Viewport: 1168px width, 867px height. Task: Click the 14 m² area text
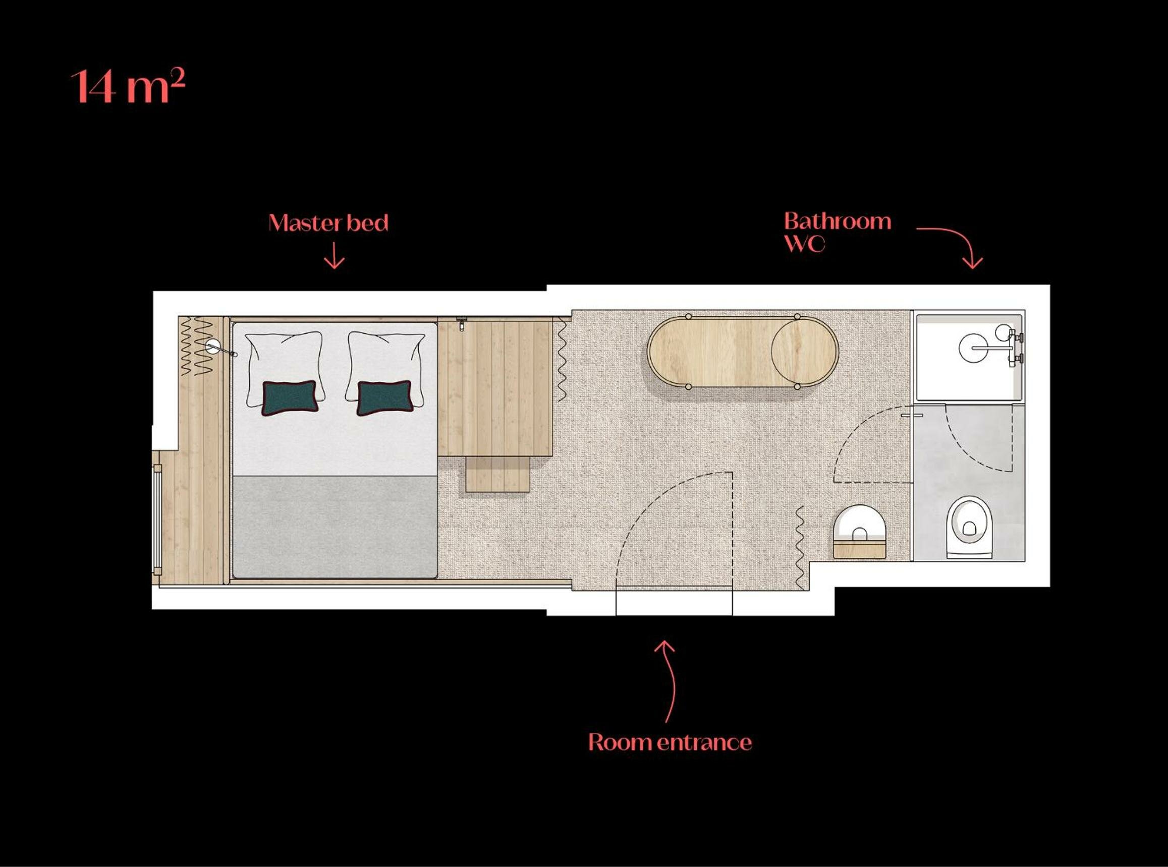(128, 87)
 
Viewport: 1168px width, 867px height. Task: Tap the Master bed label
(328, 223)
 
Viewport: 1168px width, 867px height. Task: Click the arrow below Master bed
(334, 256)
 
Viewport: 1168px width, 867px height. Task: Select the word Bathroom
(838, 221)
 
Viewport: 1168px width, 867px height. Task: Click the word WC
(804, 244)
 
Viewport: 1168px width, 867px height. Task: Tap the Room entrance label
(670, 742)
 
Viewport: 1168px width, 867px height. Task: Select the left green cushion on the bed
(290, 397)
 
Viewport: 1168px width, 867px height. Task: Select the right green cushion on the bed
(385, 397)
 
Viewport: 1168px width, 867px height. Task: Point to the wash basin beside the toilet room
(859, 530)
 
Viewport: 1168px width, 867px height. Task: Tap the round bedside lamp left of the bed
(213, 345)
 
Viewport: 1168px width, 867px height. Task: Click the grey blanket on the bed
(335, 527)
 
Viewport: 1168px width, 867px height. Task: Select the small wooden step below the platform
(497, 474)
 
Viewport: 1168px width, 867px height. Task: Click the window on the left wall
(156, 518)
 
